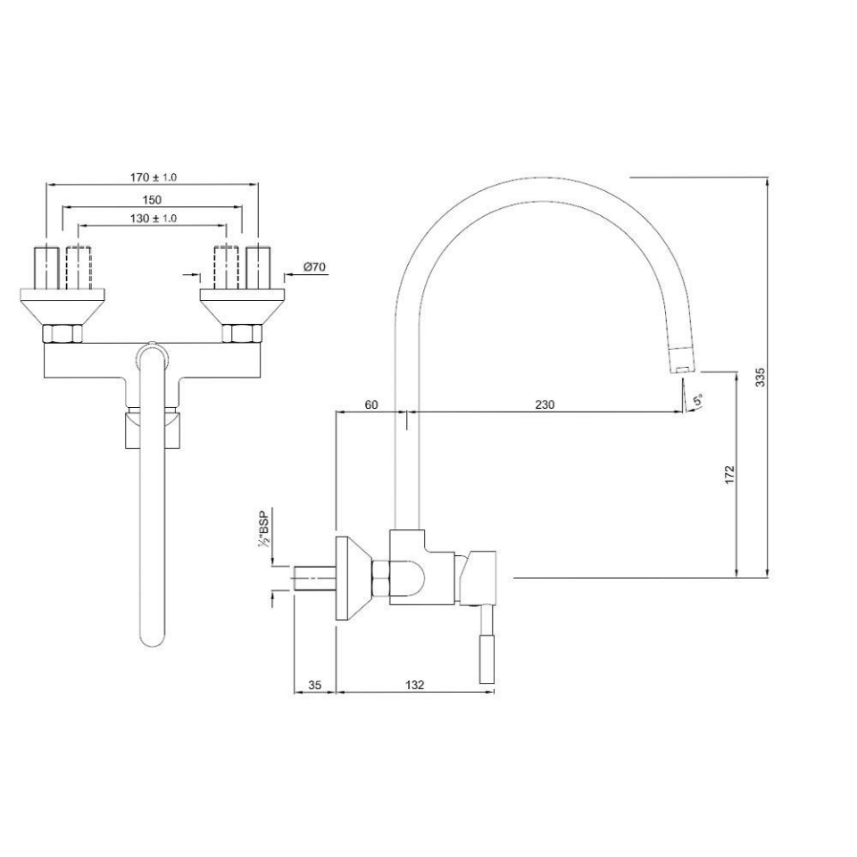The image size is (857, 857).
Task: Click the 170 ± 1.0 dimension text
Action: click(x=153, y=177)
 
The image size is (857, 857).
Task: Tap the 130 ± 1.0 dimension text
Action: click(x=153, y=218)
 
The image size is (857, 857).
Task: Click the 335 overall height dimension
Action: click(x=760, y=378)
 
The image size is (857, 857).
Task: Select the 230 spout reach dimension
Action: click(x=545, y=404)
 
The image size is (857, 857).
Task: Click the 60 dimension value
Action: click(x=371, y=404)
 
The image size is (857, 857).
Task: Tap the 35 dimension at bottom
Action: click(x=314, y=685)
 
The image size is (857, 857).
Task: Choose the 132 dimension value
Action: click(x=414, y=685)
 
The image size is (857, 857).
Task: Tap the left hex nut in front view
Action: click(x=62, y=335)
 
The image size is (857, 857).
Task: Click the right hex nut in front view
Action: click(x=241, y=335)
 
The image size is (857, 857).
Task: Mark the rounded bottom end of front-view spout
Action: click(x=153, y=637)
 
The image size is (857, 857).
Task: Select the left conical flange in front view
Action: click(x=62, y=308)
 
